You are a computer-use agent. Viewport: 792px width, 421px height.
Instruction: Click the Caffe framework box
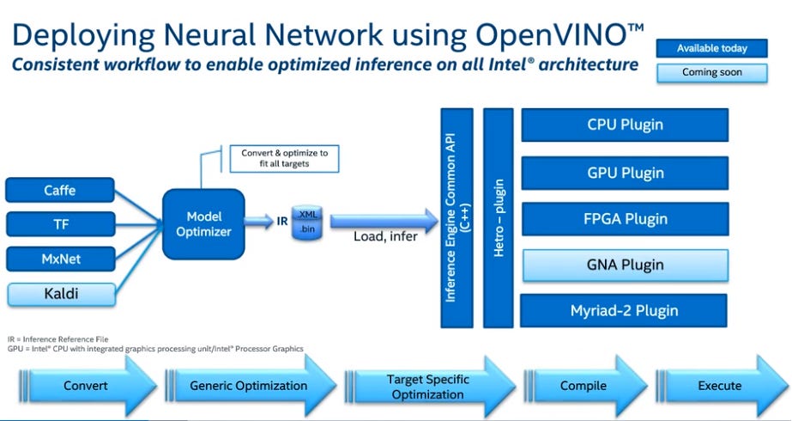coord(60,190)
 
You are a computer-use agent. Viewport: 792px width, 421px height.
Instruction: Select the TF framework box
coord(60,223)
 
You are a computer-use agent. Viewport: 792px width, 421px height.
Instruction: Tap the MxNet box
coord(60,258)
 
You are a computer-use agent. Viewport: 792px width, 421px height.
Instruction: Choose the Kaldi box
coord(60,294)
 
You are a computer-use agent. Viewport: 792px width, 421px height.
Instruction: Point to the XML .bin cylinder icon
coord(306,222)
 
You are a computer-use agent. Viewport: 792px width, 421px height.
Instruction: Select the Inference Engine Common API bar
coord(456,218)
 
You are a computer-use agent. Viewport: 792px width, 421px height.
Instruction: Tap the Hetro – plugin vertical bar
coord(499,218)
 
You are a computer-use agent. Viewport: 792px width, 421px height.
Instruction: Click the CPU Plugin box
coord(625,125)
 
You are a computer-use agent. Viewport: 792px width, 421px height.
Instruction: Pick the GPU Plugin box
coord(625,173)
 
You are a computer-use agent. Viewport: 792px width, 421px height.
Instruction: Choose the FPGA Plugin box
coord(625,219)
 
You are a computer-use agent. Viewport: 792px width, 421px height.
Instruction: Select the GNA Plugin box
coord(625,265)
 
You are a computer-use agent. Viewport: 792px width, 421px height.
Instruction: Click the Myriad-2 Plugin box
coord(625,310)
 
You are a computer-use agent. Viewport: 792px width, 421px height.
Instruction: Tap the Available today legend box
coord(711,48)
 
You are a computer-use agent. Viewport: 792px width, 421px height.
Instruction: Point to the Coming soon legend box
coord(711,72)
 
